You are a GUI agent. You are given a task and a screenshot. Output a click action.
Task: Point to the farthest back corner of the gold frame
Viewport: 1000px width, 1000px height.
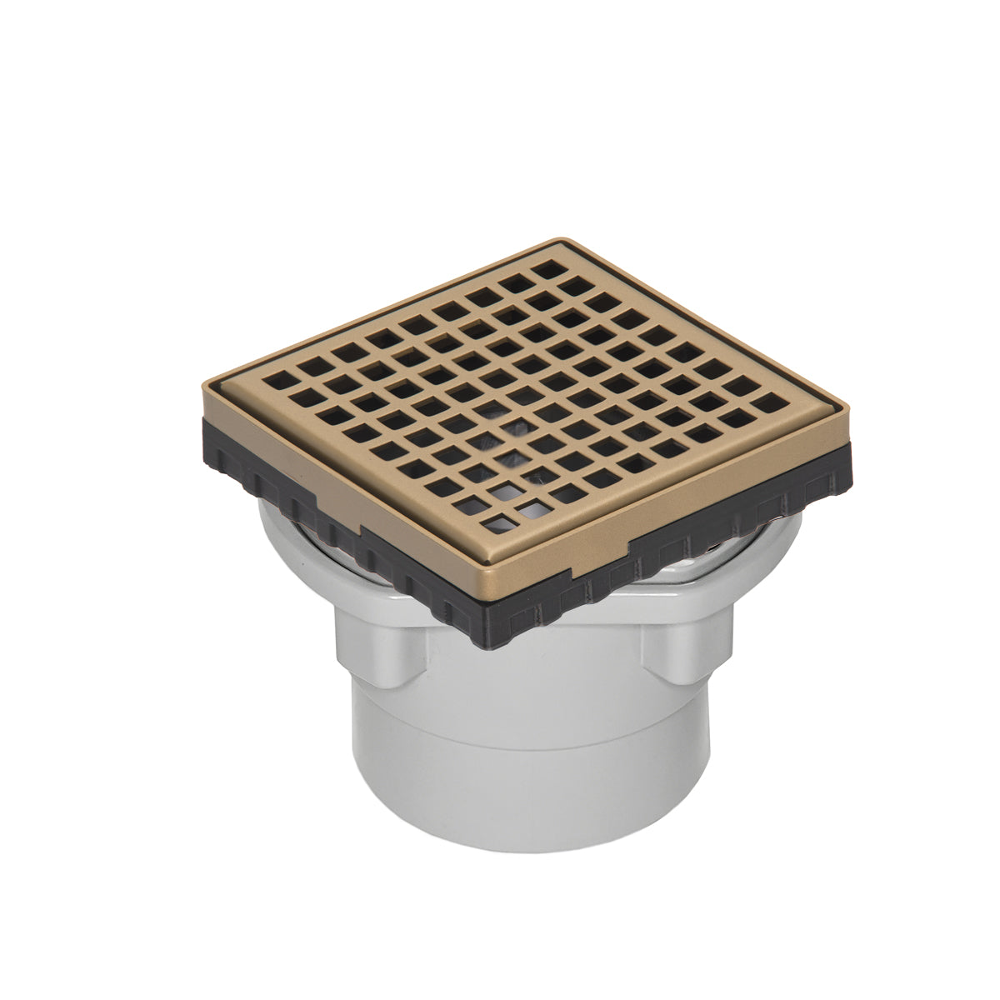coord(557,242)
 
